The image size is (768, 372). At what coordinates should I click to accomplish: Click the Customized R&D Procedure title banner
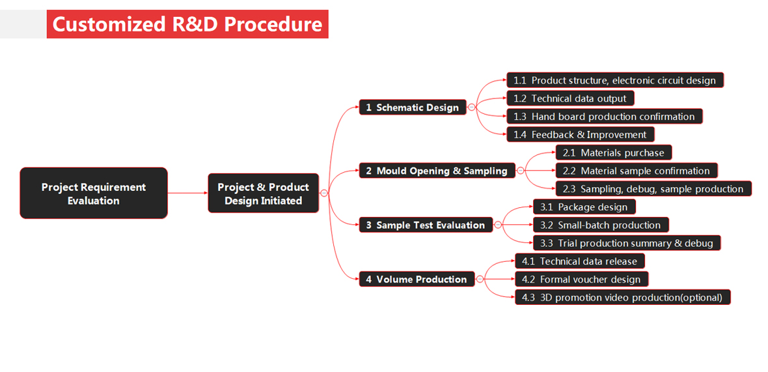[187, 24]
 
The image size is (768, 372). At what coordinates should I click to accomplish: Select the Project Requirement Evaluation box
[94, 193]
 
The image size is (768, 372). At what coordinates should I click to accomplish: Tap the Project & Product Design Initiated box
[264, 193]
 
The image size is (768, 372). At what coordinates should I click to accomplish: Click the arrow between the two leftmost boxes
[187, 193]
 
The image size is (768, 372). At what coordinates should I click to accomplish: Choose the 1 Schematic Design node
[413, 107]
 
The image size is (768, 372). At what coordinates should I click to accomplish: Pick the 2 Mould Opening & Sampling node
[437, 171]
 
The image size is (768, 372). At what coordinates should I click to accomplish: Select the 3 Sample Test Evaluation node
[425, 225]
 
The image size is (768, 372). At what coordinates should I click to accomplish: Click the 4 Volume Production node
[417, 279]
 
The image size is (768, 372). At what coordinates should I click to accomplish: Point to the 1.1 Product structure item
[614, 80]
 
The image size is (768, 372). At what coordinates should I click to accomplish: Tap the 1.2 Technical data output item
[570, 98]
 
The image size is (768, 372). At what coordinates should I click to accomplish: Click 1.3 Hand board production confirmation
[605, 117]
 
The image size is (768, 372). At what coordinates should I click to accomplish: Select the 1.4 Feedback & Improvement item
[581, 135]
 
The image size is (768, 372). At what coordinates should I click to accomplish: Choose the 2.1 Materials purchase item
[613, 152]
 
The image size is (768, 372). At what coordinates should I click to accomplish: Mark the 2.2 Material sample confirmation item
[636, 171]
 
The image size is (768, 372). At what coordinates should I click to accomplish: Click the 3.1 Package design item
[584, 207]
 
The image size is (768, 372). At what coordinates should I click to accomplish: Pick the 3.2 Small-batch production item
[600, 225]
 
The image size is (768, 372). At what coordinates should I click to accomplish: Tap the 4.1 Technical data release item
[580, 261]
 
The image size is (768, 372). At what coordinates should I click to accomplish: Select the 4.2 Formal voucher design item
[581, 279]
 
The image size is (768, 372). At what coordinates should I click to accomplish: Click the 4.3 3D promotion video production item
[622, 297]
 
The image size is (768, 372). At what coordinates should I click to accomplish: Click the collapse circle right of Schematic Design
[471, 107]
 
